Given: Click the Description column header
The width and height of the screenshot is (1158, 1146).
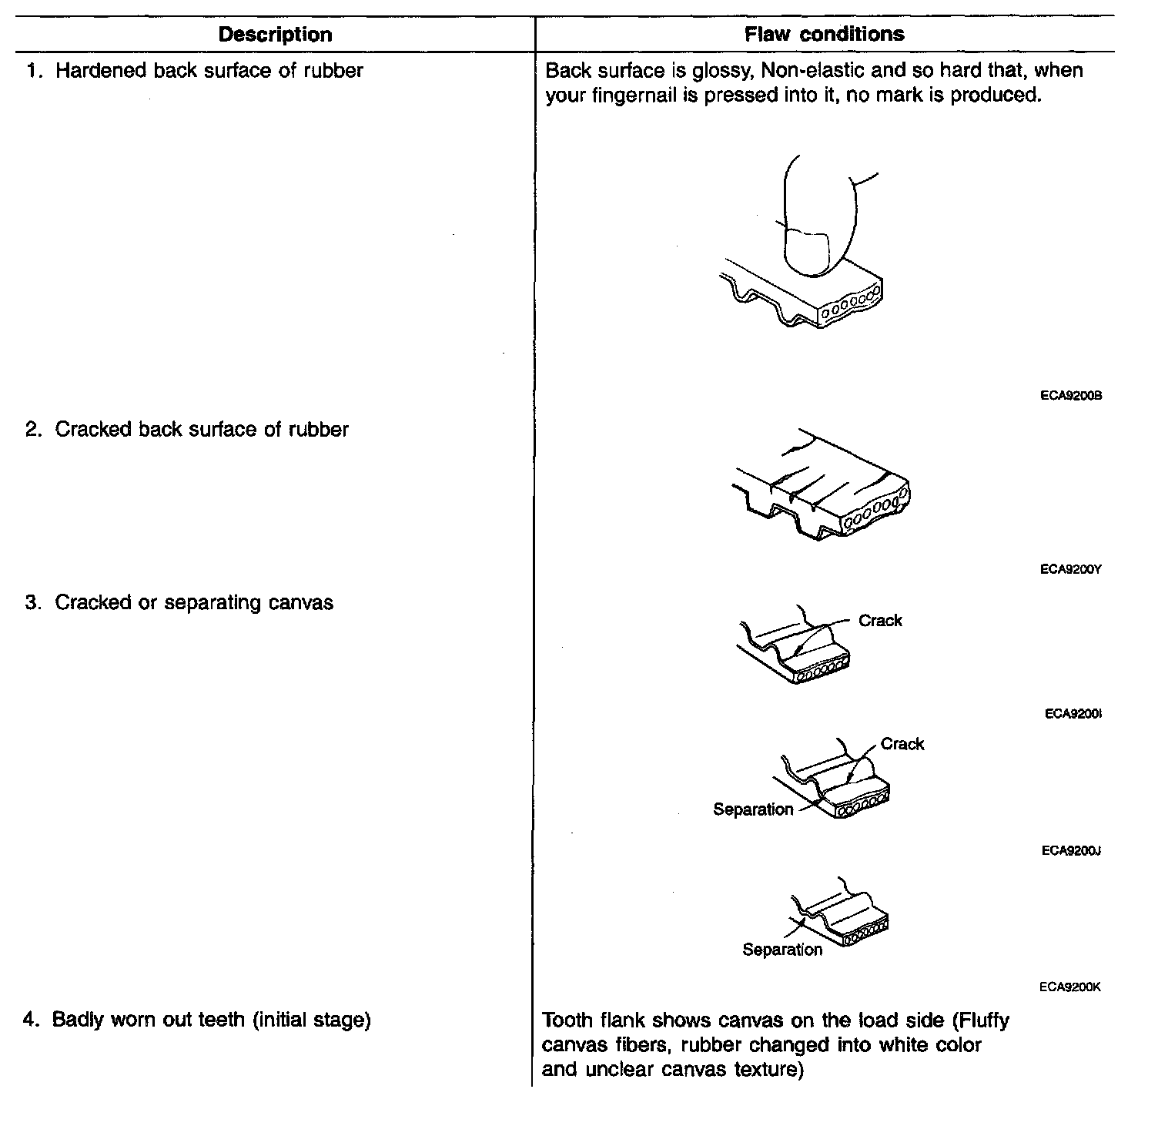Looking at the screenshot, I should [275, 35].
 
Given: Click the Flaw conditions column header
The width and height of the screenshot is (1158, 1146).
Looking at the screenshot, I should [824, 34].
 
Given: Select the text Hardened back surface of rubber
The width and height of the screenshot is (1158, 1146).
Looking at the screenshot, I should [209, 71].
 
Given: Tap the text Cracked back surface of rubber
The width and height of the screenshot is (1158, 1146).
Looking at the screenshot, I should [201, 430].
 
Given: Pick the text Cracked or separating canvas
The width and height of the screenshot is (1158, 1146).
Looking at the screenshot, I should [193, 602].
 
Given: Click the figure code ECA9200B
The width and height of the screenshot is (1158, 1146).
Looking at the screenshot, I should [1070, 396].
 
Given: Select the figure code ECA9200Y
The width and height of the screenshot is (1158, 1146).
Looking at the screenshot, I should [1070, 570].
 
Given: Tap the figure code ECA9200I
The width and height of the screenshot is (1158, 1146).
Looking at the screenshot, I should [1073, 714].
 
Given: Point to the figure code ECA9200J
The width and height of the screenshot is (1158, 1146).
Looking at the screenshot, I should [1070, 851].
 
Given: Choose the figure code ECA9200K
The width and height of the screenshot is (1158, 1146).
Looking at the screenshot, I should [1069, 987].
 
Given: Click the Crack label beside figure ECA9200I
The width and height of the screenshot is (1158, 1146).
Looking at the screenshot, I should [880, 621].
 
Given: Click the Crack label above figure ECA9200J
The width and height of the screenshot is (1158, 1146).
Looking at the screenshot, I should [902, 744].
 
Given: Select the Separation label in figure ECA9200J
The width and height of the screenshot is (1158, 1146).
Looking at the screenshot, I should [753, 809].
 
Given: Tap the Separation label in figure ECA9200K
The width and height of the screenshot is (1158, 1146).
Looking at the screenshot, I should [782, 950].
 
